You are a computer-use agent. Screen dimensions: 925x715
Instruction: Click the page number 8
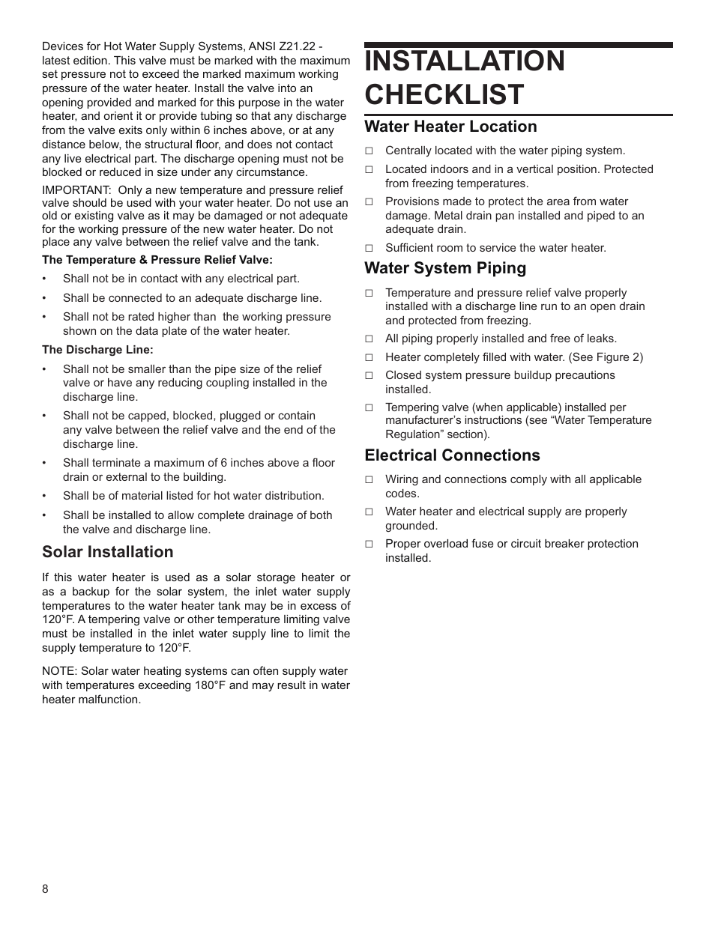[x=45, y=889]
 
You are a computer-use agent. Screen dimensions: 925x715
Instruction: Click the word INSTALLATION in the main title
[x=465, y=61]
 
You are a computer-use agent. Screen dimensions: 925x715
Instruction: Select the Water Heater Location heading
[x=450, y=127]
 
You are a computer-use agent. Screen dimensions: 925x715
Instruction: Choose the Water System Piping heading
[x=445, y=268]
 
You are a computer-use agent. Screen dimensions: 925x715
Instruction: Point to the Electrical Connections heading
[x=452, y=455]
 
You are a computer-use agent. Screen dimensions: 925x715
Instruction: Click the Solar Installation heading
[x=107, y=552]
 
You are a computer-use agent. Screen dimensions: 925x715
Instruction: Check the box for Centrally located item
[x=369, y=151]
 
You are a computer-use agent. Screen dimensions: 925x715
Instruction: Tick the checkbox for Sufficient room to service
[x=369, y=248]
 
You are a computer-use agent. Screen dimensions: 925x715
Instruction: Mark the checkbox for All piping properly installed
[x=369, y=339]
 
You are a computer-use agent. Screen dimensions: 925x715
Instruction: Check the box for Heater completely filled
[x=369, y=358]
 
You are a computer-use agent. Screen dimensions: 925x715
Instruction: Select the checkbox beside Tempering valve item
[x=369, y=408]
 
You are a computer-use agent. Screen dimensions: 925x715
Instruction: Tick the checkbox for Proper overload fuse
[x=369, y=545]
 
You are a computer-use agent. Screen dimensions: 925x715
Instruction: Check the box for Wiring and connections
[x=369, y=480]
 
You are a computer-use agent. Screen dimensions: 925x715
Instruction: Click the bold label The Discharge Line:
[x=97, y=350]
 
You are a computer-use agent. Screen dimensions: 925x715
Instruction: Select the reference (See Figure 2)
[x=607, y=357]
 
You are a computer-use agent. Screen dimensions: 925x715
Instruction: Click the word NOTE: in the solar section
[x=59, y=671]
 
